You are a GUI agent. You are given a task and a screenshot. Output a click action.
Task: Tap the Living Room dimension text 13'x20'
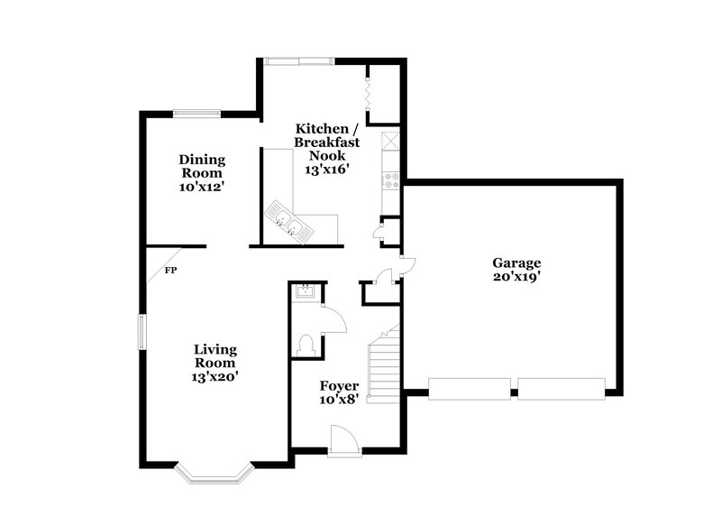coord(216,376)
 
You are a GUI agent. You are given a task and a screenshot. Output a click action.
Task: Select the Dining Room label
coord(202,166)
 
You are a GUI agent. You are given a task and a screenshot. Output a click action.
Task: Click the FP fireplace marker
coord(170,270)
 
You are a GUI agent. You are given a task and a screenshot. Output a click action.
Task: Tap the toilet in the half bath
coord(306,344)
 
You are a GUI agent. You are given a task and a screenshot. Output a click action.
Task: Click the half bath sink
coord(305,291)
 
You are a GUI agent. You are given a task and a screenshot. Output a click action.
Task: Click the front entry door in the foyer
coord(344,441)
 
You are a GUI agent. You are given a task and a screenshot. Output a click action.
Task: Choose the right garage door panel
coord(560,390)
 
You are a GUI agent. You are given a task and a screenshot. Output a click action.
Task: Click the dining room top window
coord(196,114)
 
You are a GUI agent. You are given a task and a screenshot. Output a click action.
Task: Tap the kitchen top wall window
coord(299,61)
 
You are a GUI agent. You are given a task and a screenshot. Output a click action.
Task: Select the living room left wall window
coord(141,331)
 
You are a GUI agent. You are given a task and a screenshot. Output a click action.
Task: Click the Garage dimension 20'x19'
coord(516,277)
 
